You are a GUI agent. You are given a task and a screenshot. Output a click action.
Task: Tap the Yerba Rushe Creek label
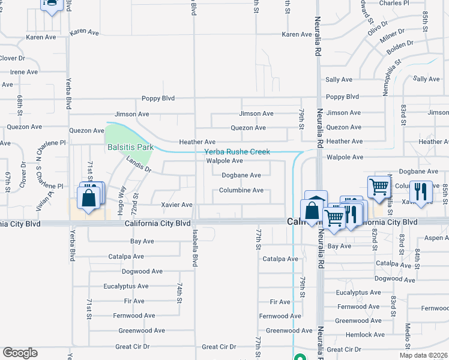pyautogui.click(x=237, y=152)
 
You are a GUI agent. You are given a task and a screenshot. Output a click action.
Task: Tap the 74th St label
pyautogui.click(x=179, y=293)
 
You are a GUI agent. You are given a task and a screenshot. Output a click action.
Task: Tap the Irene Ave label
pyautogui.click(x=24, y=72)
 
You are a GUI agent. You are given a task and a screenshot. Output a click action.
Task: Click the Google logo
pyautogui.click(x=20, y=353)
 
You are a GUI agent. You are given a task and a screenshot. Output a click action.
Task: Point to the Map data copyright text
pyautogui.click(x=423, y=355)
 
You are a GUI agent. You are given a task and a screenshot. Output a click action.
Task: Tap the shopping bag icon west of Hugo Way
pyautogui.click(x=89, y=198)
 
